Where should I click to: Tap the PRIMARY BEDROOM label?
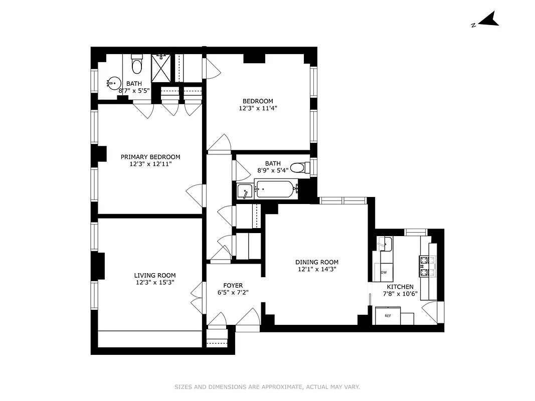click(150, 157)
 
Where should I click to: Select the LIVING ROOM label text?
click(154, 275)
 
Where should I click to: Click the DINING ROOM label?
click(316, 262)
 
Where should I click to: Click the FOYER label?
click(233, 286)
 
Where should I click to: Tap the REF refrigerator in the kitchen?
click(388, 316)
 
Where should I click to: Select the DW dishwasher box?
click(384, 272)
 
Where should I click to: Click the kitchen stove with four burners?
click(427, 267)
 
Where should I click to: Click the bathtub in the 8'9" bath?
click(274, 190)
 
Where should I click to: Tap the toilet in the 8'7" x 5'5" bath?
click(137, 65)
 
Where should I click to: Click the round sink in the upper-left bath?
click(113, 83)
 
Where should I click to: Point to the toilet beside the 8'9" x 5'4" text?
click(299, 167)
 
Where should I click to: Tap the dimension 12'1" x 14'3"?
click(316, 269)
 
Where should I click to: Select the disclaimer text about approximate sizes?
click(267, 387)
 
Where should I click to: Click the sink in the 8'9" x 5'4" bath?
click(245, 191)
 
